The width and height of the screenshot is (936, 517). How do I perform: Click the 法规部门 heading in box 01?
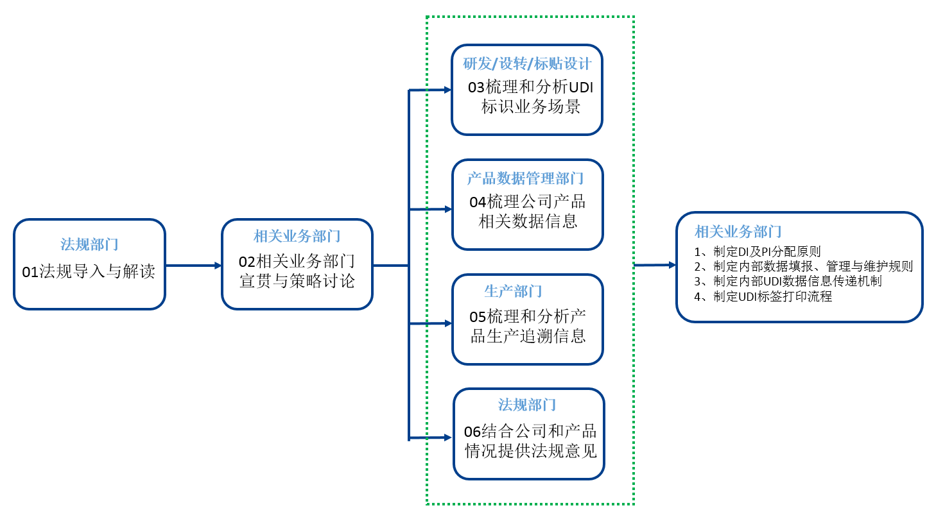(89, 244)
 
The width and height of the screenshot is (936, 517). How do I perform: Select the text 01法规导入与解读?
(89, 271)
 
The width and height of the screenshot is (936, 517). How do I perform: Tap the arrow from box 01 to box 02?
(193, 265)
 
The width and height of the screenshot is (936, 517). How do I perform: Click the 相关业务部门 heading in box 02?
(297, 236)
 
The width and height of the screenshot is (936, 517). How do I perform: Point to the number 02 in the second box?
(247, 262)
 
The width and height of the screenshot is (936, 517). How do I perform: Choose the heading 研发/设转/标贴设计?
(527, 64)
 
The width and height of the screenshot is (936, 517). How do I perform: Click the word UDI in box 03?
(581, 87)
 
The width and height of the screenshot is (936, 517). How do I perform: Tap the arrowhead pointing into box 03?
(447, 90)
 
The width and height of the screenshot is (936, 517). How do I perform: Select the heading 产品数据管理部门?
(526, 178)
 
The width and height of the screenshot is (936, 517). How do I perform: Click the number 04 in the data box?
(478, 203)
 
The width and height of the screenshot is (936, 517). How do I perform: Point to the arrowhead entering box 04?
(448, 209)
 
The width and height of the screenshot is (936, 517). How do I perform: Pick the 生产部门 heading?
(513, 291)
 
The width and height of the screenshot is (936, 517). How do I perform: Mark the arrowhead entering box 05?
(448, 323)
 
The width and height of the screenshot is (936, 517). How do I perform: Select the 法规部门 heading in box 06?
(527, 405)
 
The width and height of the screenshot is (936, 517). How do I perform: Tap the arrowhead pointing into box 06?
(448, 437)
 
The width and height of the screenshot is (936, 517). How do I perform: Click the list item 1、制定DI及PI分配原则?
(758, 251)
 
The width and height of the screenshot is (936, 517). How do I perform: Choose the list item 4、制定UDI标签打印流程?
(763, 296)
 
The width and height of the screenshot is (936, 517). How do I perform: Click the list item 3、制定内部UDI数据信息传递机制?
(788, 282)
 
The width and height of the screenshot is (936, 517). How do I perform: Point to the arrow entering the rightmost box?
(655, 265)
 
